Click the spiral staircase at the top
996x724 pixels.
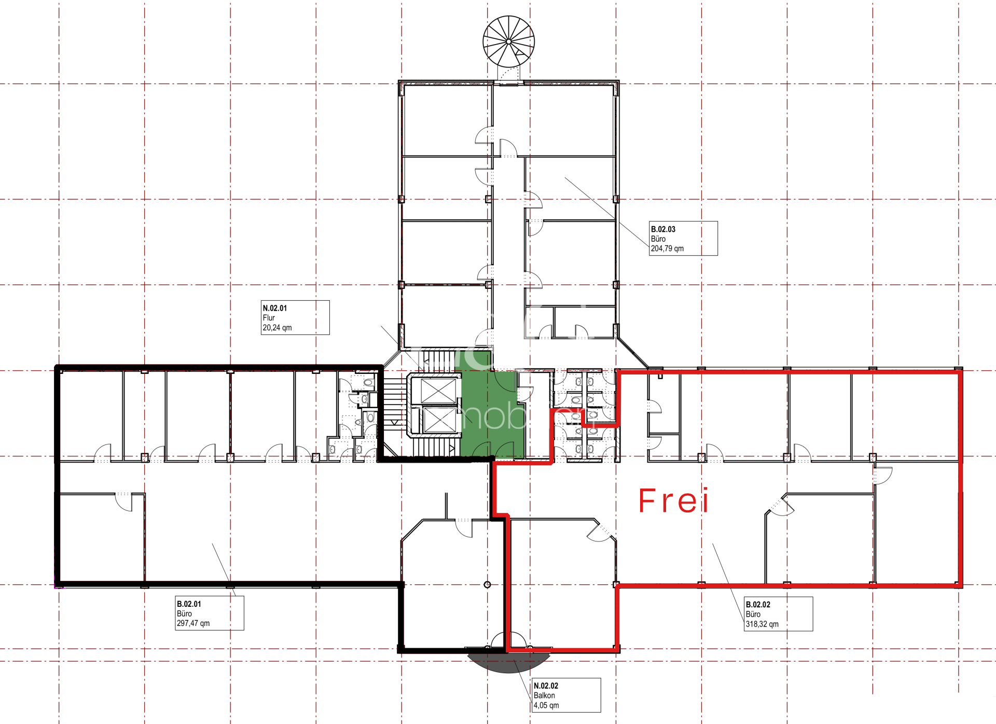click(x=508, y=41)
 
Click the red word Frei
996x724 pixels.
click(x=673, y=501)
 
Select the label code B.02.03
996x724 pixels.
click(x=663, y=229)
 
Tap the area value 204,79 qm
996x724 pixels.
click(x=667, y=248)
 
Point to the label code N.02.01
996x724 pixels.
click(x=274, y=308)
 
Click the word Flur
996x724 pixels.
click(x=269, y=318)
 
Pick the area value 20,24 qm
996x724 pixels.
click(x=277, y=328)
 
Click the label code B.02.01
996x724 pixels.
click(x=189, y=604)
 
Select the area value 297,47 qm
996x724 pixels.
click(x=193, y=623)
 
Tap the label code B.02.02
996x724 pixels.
click(x=758, y=605)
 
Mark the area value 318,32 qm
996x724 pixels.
click(x=762, y=624)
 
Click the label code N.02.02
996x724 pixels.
click(x=546, y=686)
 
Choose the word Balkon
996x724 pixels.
click(x=544, y=695)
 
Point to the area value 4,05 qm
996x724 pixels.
click(x=546, y=705)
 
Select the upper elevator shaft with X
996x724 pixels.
click(x=438, y=391)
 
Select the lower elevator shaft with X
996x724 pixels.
click(x=439, y=420)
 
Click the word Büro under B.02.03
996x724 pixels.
click(x=658, y=239)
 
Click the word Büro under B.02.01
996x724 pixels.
click(x=184, y=614)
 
